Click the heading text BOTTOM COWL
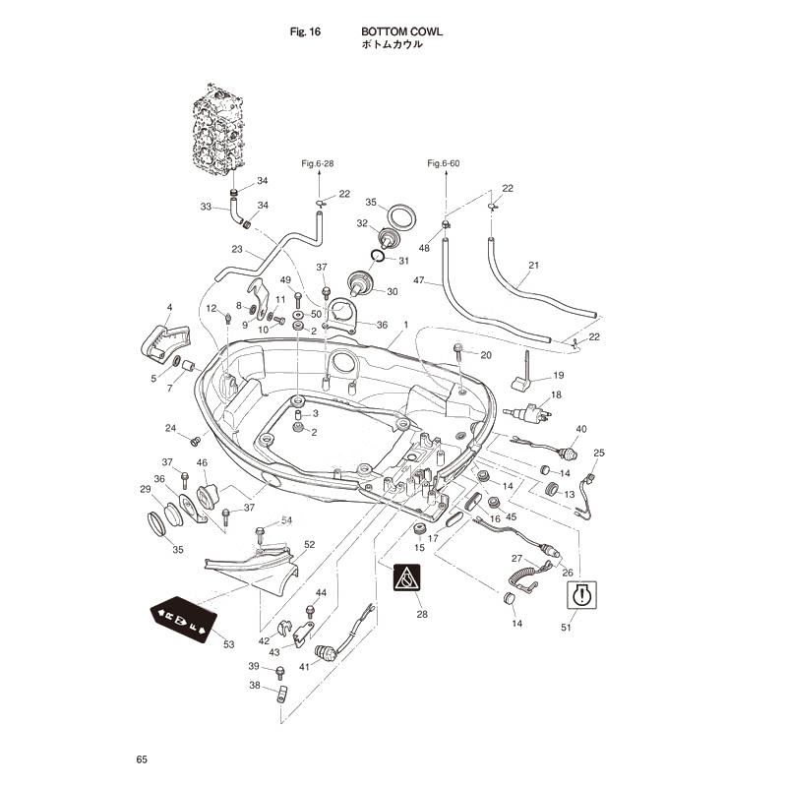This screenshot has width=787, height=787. [401, 31]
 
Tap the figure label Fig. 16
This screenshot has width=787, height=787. [305, 31]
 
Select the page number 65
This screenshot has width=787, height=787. [142, 759]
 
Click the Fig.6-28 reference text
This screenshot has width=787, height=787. [317, 163]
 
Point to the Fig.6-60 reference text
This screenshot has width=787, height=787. [444, 163]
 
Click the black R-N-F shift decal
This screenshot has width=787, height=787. [183, 620]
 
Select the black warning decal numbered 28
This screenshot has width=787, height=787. [406, 577]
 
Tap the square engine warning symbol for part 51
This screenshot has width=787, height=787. [581, 595]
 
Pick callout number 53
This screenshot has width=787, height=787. [229, 644]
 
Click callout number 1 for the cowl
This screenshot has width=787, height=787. [406, 325]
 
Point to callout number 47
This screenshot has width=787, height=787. [419, 280]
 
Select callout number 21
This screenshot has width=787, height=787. [533, 265]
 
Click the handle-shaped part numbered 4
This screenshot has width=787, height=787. [164, 342]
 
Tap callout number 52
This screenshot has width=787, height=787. [310, 545]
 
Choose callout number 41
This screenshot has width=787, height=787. [304, 667]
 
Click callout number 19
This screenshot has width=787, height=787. [559, 375]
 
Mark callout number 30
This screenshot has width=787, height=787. [392, 291]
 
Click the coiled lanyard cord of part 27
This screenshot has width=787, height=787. [522, 579]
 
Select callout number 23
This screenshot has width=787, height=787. [237, 249]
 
